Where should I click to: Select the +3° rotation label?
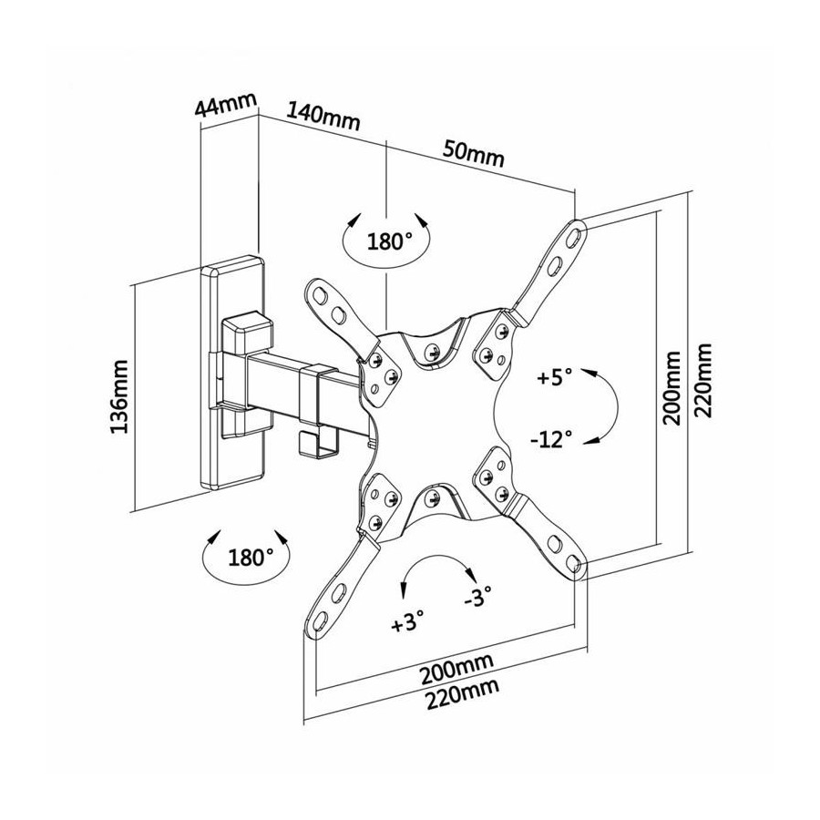pyautogui.click(x=408, y=623)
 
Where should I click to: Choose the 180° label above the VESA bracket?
pyautogui.click(x=390, y=242)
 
